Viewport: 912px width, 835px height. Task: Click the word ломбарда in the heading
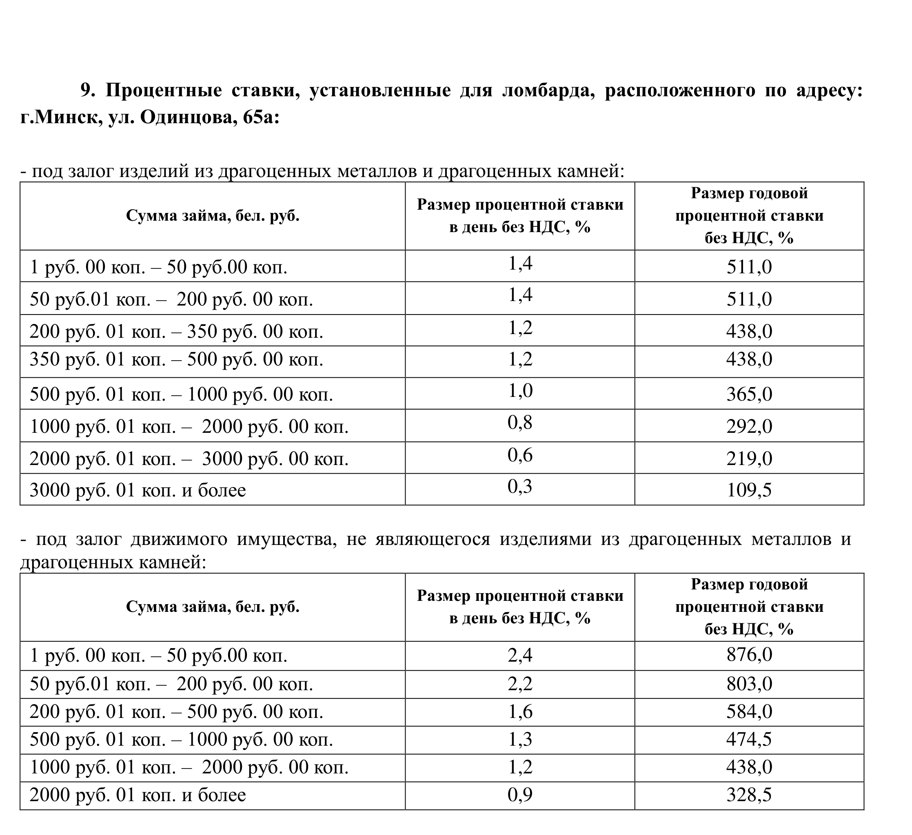(x=548, y=91)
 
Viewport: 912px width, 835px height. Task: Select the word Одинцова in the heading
(x=187, y=117)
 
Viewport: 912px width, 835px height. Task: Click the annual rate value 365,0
(x=749, y=394)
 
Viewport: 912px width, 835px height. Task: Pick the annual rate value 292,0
(x=749, y=427)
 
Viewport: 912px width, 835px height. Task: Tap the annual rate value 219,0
(x=749, y=458)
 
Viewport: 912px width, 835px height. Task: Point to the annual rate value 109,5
(x=749, y=490)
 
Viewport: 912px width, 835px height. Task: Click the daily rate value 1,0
(x=520, y=390)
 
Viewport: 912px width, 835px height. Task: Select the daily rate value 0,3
(x=520, y=486)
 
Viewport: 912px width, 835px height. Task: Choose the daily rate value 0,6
(x=520, y=454)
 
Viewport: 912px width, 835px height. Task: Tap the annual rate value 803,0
(x=749, y=684)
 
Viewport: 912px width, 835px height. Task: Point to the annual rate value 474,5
(x=749, y=739)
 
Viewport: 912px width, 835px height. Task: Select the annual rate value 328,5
(x=749, y=795)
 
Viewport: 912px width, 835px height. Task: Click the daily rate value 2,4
(x=520, y=655)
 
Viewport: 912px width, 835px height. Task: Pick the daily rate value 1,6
(x=520, y=711)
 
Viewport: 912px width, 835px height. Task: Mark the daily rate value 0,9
(x=520, y=795)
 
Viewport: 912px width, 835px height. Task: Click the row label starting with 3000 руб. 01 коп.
(x=138, y=490)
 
